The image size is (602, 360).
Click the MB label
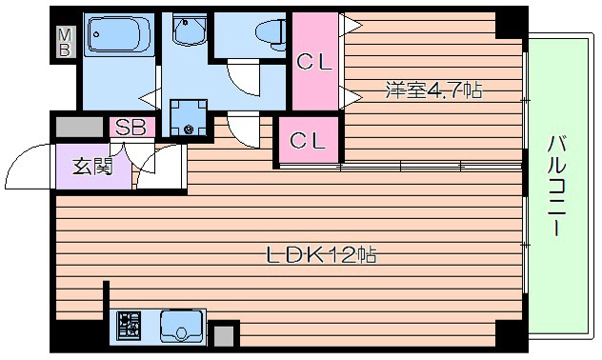coord(65,43)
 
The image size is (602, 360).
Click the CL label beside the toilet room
coord(313,64)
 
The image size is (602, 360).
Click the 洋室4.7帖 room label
coord(433,91)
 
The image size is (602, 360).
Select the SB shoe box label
coord(130,127)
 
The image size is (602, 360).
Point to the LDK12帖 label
coord(320,255)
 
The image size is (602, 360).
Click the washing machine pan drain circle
coord(189,129)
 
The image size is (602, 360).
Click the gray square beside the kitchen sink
coord(223,335)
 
